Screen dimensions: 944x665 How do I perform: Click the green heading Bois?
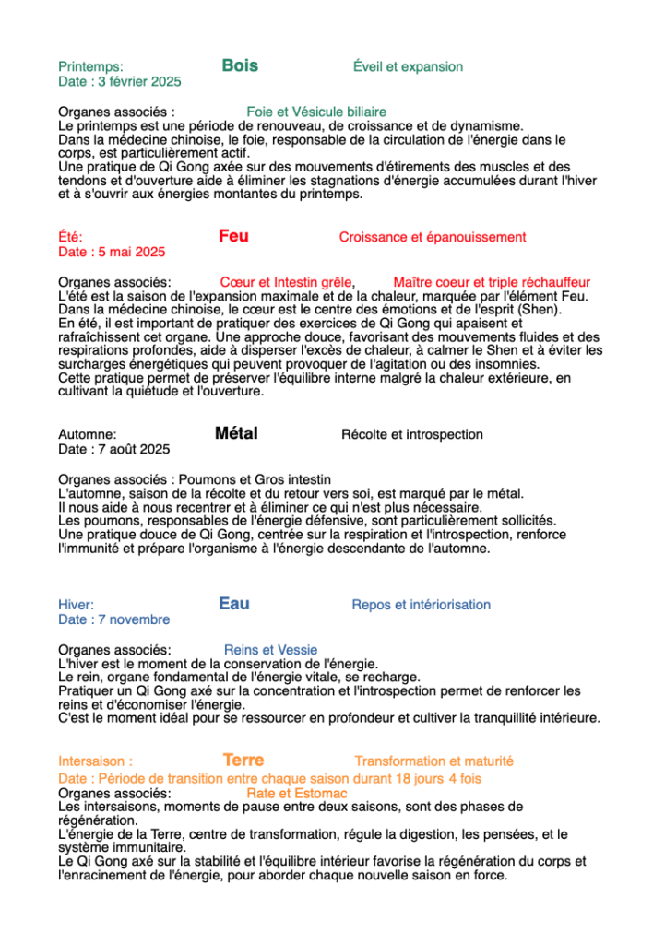tap(240, 65)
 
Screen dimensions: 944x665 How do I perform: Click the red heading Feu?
tap(233, 236)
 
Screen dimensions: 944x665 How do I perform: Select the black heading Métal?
tap(236, 433)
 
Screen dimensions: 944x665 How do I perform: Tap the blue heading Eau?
tap(234, 604)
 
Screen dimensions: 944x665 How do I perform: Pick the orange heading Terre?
tap(243, 760)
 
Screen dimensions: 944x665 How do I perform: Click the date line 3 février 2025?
tap(120, 81)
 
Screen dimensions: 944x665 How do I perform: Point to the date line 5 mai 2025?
tap(112, 252)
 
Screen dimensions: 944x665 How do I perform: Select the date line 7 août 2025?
tap(114, 449)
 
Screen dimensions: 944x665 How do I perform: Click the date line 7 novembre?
tap(114, 619)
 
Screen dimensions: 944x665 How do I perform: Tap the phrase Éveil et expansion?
tap(408, 66)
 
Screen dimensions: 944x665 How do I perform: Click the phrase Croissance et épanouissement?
tap(433, 237)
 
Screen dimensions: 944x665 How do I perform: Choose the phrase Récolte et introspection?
tap(411, 434)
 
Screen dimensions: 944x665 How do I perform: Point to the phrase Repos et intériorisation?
tap(421, 605)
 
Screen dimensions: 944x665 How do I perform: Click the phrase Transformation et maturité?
tap(433, 761)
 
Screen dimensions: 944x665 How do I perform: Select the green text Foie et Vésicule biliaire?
tap(316, 112)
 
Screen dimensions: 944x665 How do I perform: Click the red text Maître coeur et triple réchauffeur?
tap(492, 282)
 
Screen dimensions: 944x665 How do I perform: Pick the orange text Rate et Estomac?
tap(297, 793)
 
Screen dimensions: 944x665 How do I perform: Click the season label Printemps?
tap(90, 66)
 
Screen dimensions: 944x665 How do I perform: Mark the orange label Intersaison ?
tap(95, 761)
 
